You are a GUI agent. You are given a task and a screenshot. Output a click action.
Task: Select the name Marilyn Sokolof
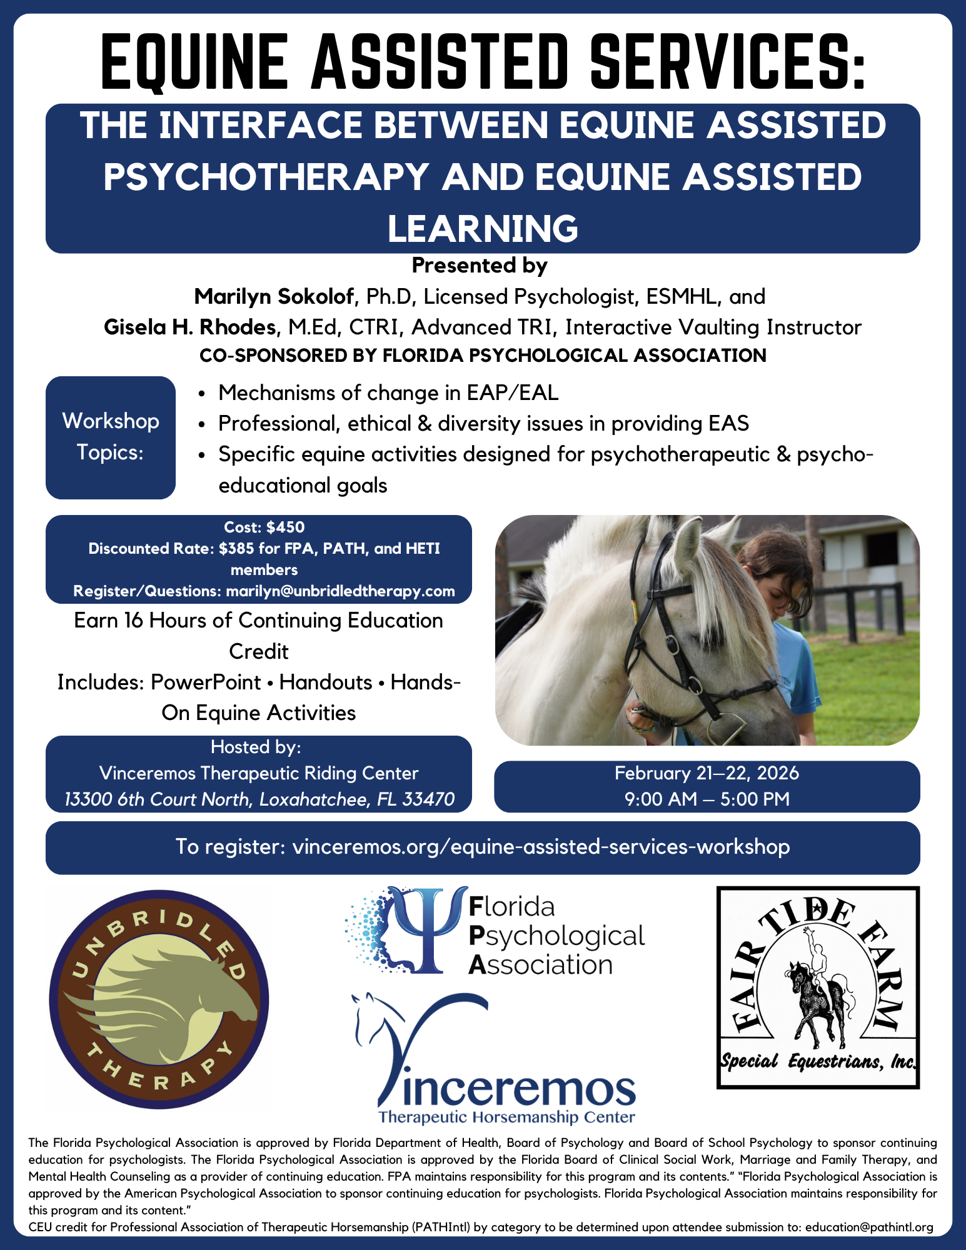274,296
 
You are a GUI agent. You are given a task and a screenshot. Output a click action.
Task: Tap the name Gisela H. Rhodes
190,327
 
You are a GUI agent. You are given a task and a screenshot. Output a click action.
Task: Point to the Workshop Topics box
111,437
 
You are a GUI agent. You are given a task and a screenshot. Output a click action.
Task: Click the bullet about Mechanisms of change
388,393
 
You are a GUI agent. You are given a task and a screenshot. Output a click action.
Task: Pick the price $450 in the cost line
285,527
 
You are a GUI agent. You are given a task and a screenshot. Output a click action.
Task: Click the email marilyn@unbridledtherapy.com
340,591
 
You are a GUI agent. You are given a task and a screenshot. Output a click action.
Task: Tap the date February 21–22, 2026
707,773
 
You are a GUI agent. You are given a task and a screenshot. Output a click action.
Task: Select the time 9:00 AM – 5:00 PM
707,799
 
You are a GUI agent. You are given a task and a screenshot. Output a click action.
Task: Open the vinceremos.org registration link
541,847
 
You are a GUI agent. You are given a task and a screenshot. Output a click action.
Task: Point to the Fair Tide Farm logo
818,987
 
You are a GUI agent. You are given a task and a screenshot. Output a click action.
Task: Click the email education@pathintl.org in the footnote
868,1227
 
